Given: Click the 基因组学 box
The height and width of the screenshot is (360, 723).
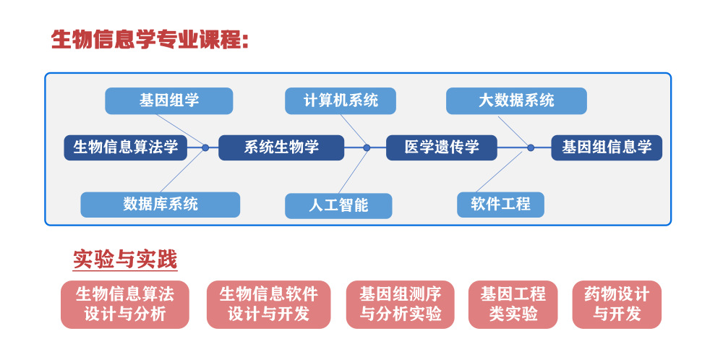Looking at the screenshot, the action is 168,101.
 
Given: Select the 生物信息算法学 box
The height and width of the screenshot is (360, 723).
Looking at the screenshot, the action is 125,147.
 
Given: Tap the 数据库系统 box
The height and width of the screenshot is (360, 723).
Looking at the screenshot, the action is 160,205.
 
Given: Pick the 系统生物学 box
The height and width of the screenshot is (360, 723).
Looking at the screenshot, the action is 281,147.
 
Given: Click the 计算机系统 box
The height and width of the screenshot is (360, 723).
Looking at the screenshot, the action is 341,101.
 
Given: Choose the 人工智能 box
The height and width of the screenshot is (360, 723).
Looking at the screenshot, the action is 338,205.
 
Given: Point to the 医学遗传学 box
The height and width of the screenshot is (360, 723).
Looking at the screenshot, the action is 441,147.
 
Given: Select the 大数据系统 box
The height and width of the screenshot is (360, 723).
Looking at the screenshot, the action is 516,101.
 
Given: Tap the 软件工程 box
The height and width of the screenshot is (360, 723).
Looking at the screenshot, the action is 500,205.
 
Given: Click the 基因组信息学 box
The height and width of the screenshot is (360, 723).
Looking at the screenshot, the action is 607,147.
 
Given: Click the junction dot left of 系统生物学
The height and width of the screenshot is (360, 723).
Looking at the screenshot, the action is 205,147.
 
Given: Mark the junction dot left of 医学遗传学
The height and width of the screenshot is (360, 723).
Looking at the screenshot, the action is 367,147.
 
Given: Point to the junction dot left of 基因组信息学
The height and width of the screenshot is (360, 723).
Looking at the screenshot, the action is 531,147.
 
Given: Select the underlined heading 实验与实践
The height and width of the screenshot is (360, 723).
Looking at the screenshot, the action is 125,260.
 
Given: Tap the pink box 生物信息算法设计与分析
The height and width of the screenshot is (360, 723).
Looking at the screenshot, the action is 125,304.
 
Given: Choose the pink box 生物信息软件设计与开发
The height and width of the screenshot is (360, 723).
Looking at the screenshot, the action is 268,304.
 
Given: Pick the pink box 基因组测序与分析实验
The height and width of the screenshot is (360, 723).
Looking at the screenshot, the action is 401,304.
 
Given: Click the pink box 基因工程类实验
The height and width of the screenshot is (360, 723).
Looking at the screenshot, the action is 513,304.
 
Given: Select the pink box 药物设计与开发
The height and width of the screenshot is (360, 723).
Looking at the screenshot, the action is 617,304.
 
